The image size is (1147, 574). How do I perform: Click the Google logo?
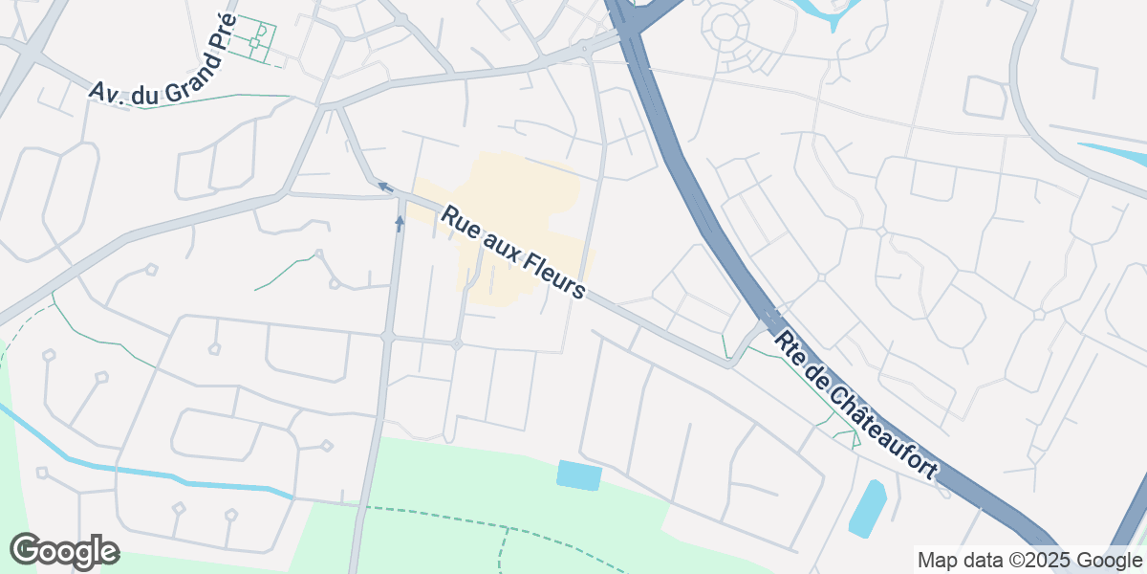point(64,551)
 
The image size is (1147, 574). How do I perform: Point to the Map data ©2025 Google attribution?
point(1029,560)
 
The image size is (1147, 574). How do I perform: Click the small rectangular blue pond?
point(580,475)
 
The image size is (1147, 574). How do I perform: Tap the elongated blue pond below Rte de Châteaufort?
point(867,508)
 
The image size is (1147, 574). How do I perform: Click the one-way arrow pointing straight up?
point(400,223)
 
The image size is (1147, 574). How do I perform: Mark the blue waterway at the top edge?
point(822,11)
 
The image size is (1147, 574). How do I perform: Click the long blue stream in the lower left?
point(143,475)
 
